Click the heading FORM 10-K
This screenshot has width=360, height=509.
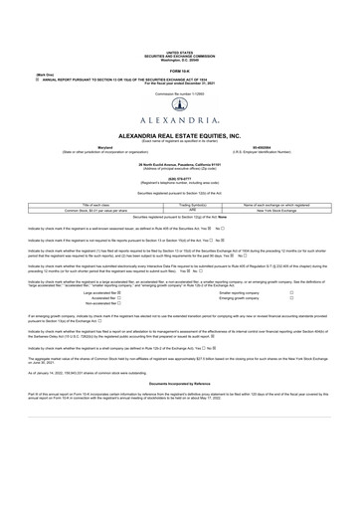click(x=180, y=71)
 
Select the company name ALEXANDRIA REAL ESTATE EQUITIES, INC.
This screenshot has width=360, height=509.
click(x=180, y=133)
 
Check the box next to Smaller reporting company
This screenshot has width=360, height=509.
click(x=291, y=292)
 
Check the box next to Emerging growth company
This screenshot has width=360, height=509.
click(x=291, y=298)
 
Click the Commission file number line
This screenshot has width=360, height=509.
click(x=180, y=87)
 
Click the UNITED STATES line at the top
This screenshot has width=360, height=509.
click(x=180, y=51)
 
